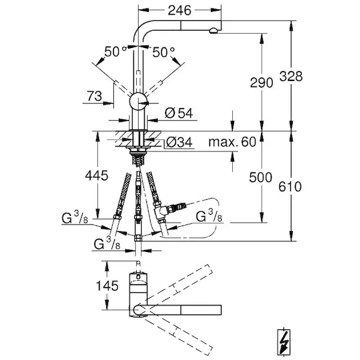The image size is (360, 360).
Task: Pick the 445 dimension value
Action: click(96, 176)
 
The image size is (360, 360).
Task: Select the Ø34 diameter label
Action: click(178, 142)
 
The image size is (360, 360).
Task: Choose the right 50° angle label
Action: click(162, 52)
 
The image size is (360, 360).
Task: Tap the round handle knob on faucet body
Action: click(139, 101)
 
